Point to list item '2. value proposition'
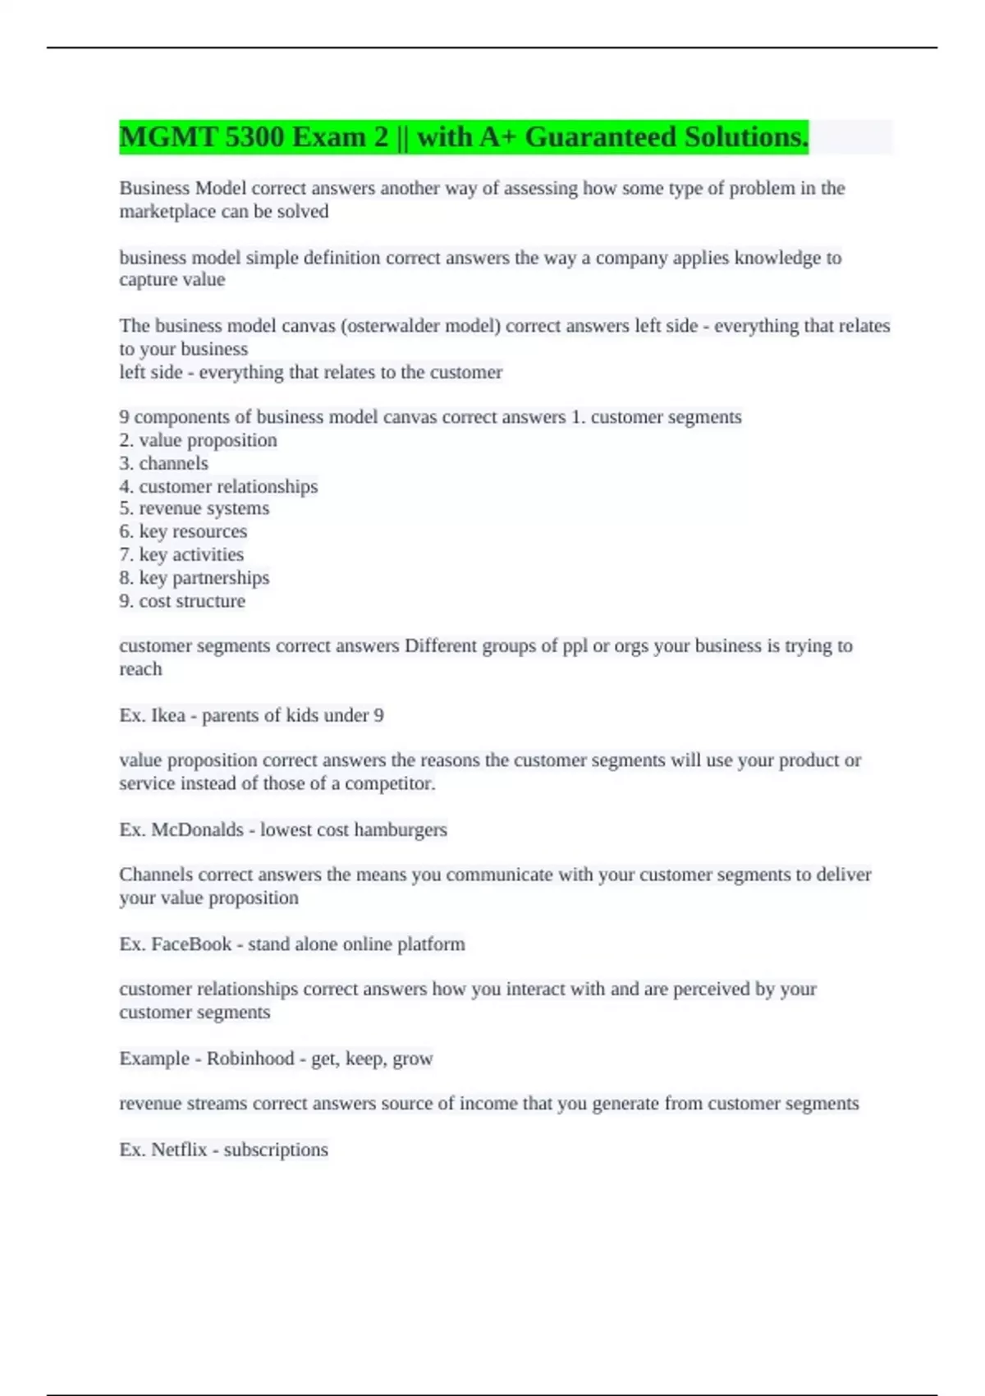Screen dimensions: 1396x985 pyautogui.click(x=198, y=440)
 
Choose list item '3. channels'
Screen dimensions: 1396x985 pyautogui.click(x=163, y=463)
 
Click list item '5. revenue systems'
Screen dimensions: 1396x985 pyautogui.click(x=194, y=508)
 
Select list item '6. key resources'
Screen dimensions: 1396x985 pyautogui.click(x=183, y=531)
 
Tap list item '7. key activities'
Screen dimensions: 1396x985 pyautogui.click(x=181, y=554)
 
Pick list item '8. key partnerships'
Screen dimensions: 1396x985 pyautogui.click(x=194, y=578)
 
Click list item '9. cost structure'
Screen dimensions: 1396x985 pyautogui.click(x=182, y=601)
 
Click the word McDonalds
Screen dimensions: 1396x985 pyautogui.click(x=197, y=829)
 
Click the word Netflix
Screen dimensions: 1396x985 pyautogui.click(x=179, y=1150)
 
